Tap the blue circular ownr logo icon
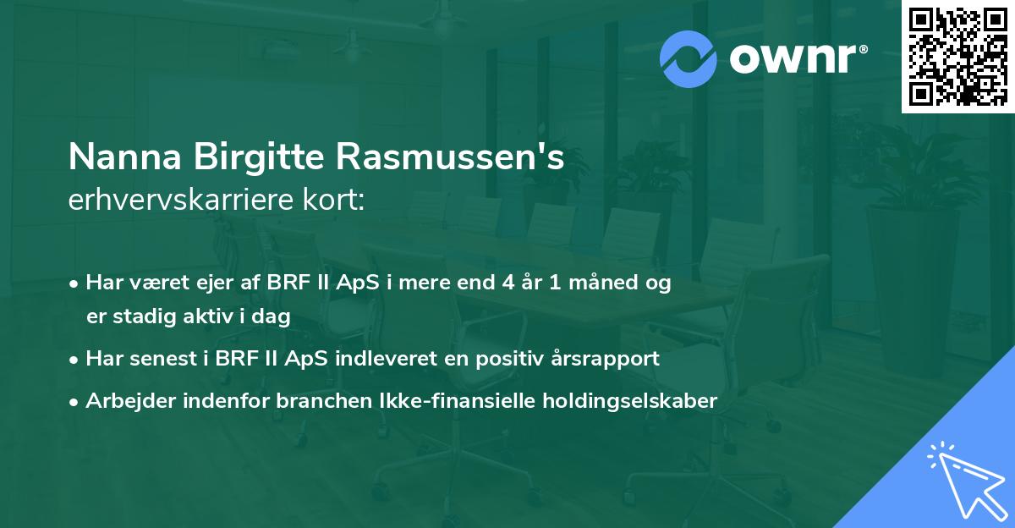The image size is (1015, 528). [x=689, y=59]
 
